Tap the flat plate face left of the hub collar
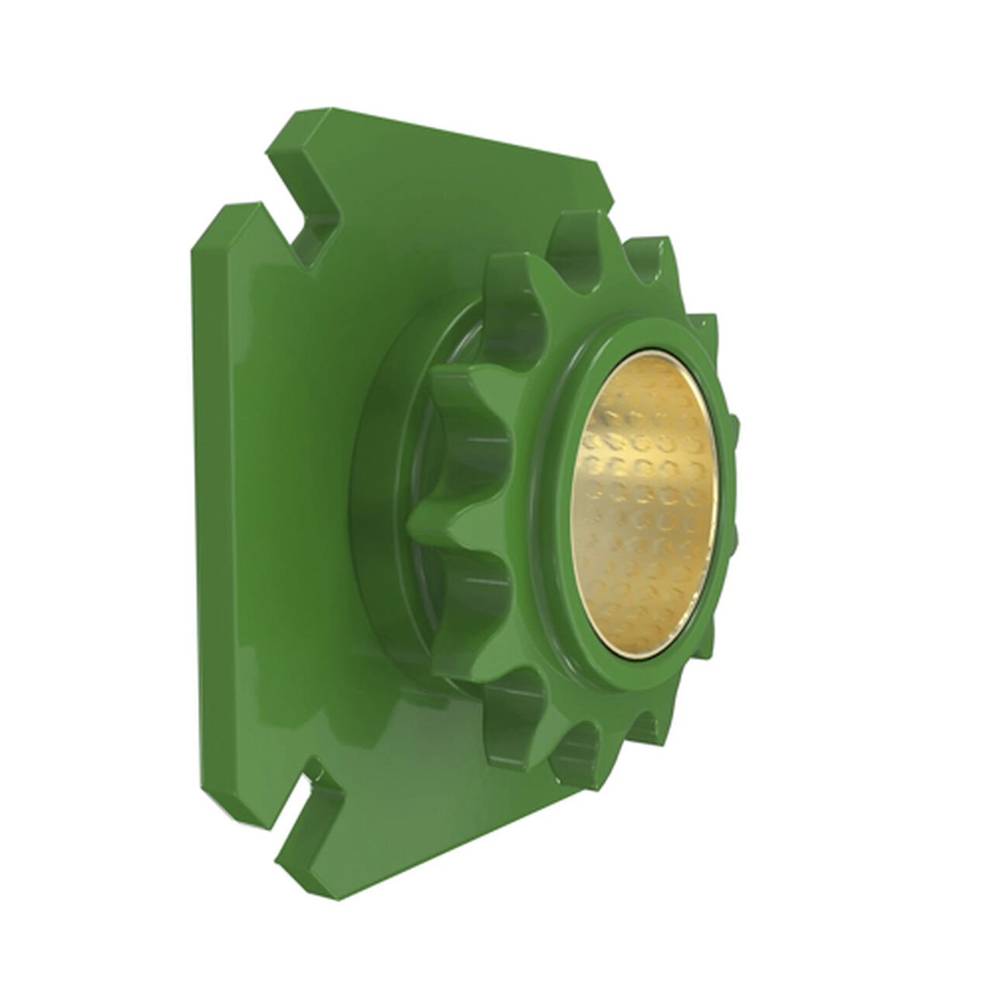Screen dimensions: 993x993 287,504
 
